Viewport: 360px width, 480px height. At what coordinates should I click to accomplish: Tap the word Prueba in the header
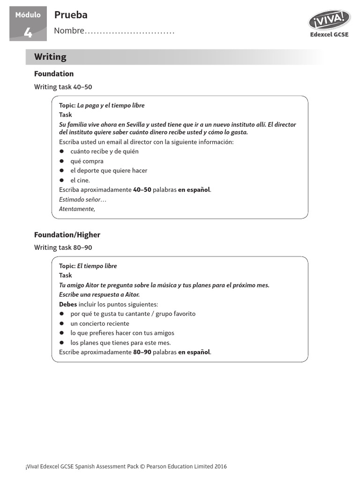click(x=71, y=15)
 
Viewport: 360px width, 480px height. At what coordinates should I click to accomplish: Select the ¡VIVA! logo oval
click(x=329, y=20)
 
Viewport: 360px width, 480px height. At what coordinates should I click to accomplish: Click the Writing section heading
click(x=50, y=57)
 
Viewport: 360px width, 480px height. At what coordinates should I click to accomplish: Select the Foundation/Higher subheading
click(x=67, y=234)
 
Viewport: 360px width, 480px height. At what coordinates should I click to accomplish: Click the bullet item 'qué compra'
click(x=87, y=161)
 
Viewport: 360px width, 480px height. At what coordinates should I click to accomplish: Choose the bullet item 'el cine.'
click(x=80, y=180)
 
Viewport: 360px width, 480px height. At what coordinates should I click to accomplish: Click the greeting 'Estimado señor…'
click(x=82, y=200)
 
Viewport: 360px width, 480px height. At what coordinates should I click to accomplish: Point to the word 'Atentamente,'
click(x=77, y=209)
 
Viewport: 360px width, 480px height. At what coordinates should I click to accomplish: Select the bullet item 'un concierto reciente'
click(x=100, y=323)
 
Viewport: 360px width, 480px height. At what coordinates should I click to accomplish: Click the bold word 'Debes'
click(x=68, y=304)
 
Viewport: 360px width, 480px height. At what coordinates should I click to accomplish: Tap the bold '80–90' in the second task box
click(x=142, y=352)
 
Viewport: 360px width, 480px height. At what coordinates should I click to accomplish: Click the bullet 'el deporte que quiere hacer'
click(x=109, y=171)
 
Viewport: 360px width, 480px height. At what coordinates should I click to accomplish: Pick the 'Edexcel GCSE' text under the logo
click(x=329, y=34)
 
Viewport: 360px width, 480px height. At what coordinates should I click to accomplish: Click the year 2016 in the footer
click(x=220, y=466)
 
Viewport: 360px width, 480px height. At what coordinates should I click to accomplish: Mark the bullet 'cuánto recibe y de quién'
click(x=105, y=151)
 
